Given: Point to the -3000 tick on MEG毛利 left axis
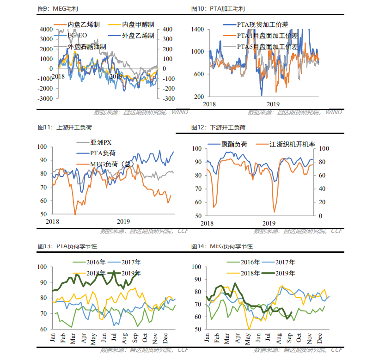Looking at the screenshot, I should coord(45,98).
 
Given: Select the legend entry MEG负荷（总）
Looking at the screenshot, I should coord(109,164).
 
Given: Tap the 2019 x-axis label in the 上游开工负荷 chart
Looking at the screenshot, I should coord(123,222).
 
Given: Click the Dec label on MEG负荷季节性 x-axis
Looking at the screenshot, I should coord(319,338).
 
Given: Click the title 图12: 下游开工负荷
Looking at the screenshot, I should coord(218,128).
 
